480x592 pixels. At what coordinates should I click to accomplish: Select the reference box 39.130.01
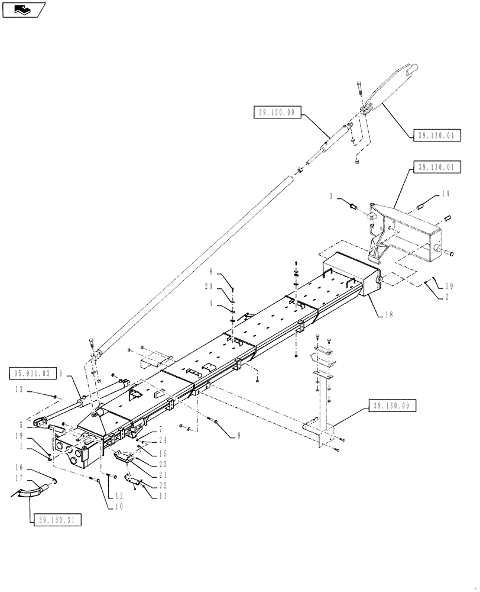pyautogui.click(x=434, y=168)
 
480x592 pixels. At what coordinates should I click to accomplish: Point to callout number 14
pyautogui.click(x=445, y=194)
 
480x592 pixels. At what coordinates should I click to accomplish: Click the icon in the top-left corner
pyautogui.click(x=23, y=9)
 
